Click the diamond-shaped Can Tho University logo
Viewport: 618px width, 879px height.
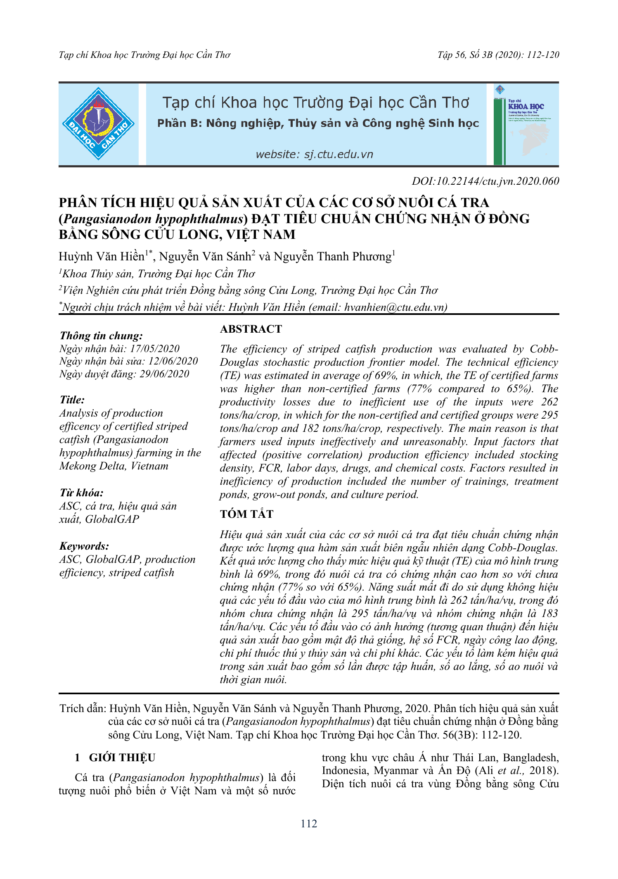98,124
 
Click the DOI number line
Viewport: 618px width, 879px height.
485,181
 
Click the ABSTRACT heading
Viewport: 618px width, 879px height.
251,329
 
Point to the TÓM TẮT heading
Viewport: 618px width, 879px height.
246,514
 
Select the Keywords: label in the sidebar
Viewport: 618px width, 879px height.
84,546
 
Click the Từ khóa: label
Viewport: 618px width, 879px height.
81,493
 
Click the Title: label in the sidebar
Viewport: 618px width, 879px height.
72,400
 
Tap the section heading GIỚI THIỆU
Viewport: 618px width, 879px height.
122,758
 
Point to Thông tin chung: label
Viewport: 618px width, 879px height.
101,336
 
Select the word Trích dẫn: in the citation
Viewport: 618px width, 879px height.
83,708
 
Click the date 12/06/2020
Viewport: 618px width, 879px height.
173,361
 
